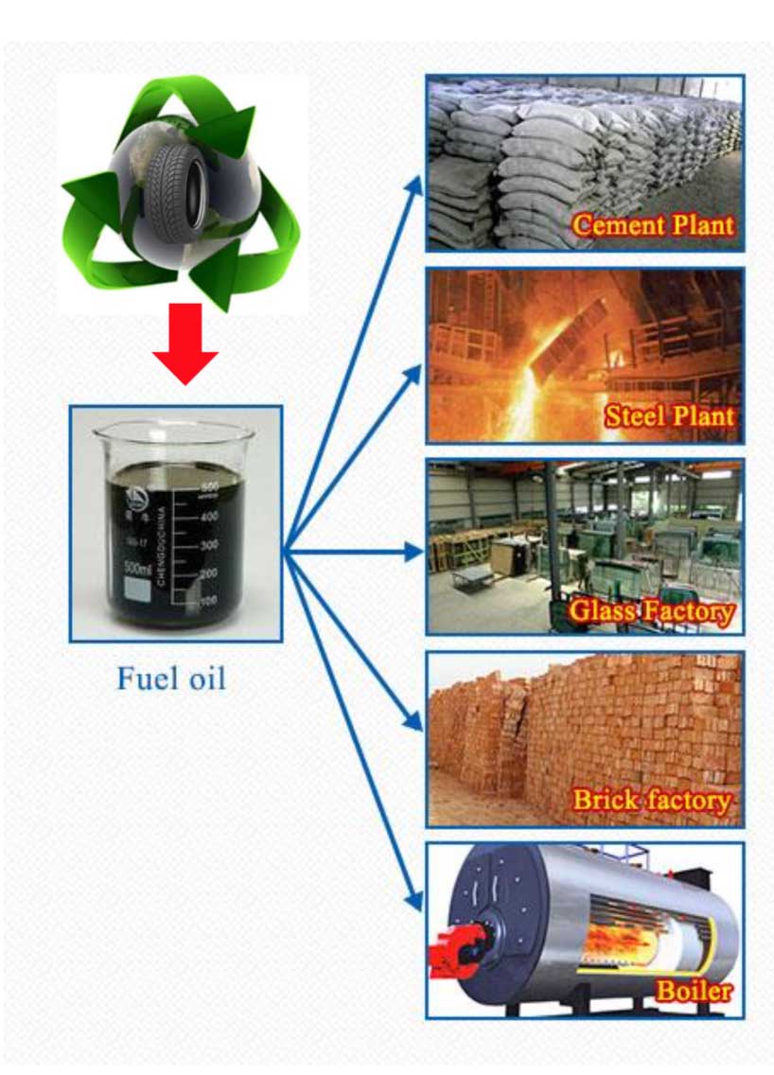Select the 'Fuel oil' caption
171,678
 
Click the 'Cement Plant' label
654,225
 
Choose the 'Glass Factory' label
652,610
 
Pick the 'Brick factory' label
652,801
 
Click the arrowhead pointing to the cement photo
413,187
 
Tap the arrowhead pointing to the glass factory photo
413,551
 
